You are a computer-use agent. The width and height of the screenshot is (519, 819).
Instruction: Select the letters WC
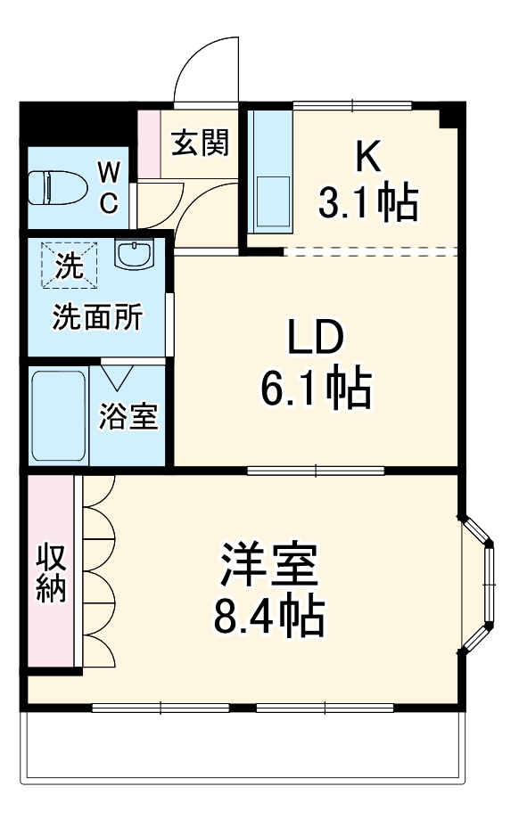tap(108, 187)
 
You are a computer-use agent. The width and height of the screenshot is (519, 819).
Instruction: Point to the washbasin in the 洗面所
tap(136, 254)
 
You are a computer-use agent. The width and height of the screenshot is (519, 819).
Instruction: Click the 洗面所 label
tap(96, 318)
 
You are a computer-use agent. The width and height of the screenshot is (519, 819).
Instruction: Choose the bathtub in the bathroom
tap(60, 415)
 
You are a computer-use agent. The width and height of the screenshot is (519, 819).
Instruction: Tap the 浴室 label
tap(128, 416)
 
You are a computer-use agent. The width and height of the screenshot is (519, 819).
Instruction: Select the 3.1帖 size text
tap(368, 204)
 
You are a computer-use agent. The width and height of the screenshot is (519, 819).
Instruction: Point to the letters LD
tap(315, 338)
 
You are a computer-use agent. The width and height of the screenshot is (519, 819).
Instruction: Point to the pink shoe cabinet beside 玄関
tap(148, 143)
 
